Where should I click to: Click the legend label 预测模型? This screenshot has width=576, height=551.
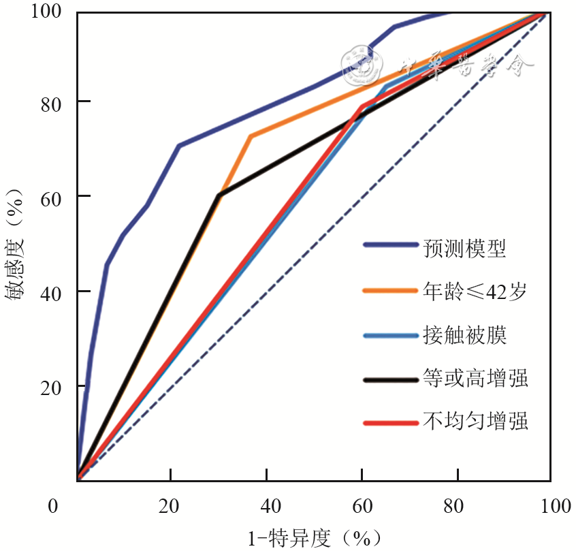pos(464,248)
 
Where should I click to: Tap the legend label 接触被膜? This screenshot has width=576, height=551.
pos(464,335)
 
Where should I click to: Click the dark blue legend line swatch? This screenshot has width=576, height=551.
pos(390,246)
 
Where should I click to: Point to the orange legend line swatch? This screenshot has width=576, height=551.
pos(390,290)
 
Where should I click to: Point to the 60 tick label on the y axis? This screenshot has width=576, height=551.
pos(52,196)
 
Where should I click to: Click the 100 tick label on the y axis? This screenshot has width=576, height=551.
pos(47,12)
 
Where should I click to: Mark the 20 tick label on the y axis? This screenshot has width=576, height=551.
pos(52,387)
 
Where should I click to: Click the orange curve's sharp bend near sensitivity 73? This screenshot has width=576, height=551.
pos(250,136)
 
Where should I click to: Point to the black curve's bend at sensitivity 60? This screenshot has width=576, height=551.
pos(219,195)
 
